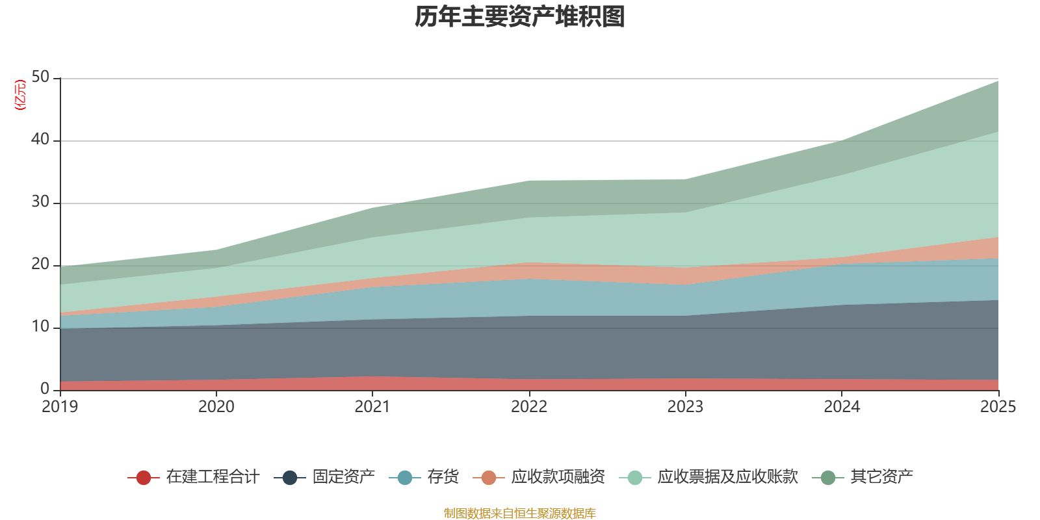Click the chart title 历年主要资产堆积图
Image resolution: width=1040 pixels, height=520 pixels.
(520, 17)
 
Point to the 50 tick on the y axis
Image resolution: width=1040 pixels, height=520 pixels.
(40, 77)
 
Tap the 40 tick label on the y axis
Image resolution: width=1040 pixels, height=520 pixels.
(40, 139)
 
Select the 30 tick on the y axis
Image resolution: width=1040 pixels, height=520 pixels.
(40, 201)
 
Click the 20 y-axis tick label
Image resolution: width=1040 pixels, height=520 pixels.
(40, 264)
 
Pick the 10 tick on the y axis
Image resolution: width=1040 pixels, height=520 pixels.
(40, 326)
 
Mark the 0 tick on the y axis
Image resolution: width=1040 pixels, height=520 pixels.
(45, 389)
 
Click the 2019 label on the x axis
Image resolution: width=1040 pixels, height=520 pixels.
(60, 407)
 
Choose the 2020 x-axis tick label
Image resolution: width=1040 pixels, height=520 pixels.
(216, 407)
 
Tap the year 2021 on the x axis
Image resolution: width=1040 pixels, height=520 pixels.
(372, 407)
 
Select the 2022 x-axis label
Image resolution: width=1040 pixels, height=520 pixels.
(529, 407)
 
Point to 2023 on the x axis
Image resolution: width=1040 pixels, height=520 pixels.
(685, 407)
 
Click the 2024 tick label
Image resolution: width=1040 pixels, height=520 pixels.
(842, 407)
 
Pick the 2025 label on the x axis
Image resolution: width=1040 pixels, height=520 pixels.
(998, 407)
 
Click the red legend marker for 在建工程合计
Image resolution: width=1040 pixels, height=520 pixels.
(144, 478)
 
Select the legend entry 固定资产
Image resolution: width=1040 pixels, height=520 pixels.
(343, 477)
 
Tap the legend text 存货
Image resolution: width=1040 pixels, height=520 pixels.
(443, 477)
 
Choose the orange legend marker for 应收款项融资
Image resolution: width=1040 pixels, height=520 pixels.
(489, 478)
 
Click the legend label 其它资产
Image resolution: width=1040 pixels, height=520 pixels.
(881, 477)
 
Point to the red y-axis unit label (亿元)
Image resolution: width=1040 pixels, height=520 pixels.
(21, 95)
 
